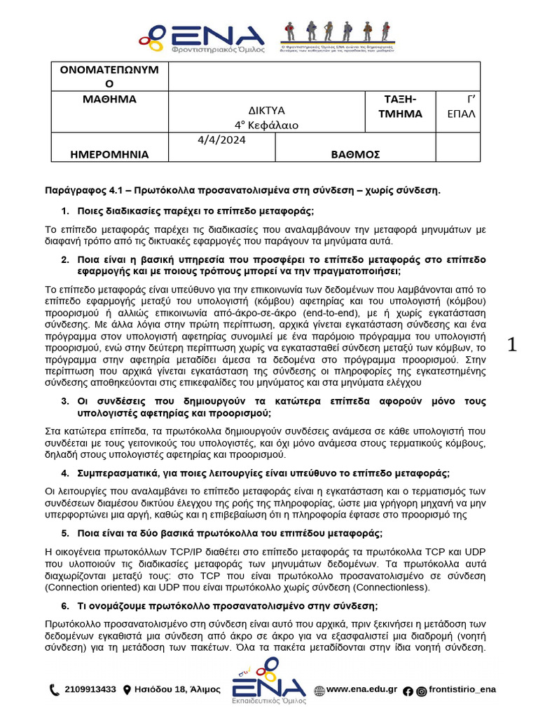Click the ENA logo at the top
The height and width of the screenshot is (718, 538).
(x=201, y=39)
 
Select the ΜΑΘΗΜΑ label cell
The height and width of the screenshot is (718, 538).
(x=109, y=99)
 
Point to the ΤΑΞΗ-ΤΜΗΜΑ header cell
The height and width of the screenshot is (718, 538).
(x=400, y=106)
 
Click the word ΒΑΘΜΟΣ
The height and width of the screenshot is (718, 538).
(x=355, y=154)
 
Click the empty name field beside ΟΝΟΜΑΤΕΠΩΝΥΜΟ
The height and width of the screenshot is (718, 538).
(x=324, y=76)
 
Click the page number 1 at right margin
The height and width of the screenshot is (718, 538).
(x=512, y=344)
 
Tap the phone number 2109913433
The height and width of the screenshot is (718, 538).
(x=90, y=689)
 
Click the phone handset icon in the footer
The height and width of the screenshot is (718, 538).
(x=55, y=690)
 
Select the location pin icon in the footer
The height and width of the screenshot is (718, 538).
(x=127, y=690)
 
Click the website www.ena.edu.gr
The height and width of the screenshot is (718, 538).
(x=362, y=689)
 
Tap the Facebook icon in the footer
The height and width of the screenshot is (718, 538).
(x=408, y=691)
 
